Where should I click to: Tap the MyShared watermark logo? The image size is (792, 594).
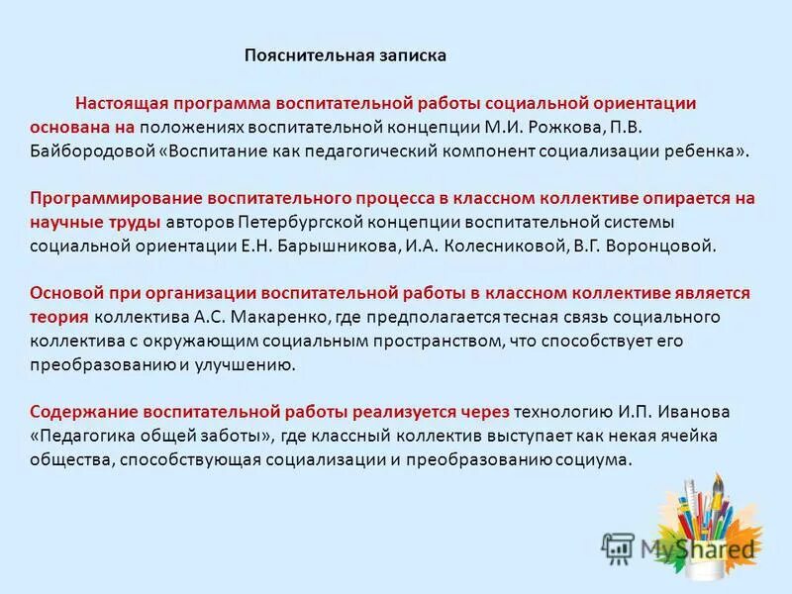click(678, 547)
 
